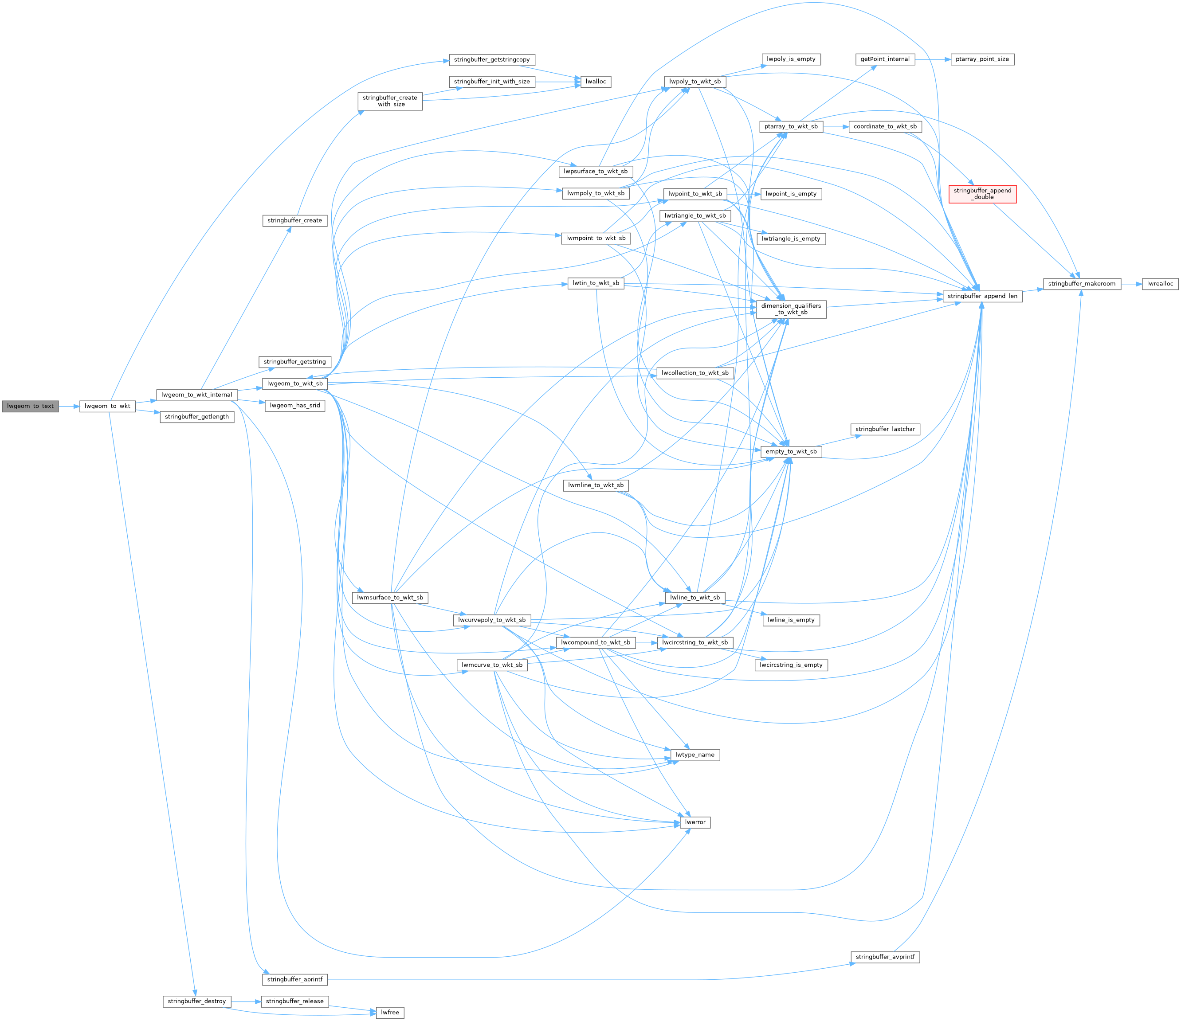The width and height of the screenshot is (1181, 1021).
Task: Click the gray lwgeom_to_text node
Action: click(30, 406)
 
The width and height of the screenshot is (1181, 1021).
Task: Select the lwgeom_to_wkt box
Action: click(107, 406)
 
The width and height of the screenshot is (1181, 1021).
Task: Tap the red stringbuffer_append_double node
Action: click(982, 194)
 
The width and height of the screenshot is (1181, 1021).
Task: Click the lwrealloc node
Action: click(1160, 284)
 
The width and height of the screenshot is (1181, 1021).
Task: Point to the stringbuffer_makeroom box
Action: click(1081, 284)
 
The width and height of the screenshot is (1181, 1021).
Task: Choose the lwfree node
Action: click(390, 1013)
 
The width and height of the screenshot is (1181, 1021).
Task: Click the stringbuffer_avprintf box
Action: click(885, 957)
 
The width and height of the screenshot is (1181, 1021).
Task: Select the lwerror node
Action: click(695, 822)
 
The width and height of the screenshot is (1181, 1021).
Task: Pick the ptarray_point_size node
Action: click(982, 59)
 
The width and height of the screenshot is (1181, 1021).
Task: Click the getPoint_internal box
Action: click(885, 59)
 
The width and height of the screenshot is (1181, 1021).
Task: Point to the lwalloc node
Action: click(596, 82)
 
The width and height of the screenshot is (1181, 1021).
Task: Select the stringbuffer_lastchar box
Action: click(885, 429)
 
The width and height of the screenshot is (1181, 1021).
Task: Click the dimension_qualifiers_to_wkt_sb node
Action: click(791, 309)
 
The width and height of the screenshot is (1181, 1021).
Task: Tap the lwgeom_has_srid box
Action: click(294, 406)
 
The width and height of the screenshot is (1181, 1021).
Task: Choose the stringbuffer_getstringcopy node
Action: click(491, 60)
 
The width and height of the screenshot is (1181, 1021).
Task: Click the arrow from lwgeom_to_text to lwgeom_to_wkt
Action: click(68, 406)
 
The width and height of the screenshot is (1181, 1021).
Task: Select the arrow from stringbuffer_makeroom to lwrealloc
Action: click(1131, 284)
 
